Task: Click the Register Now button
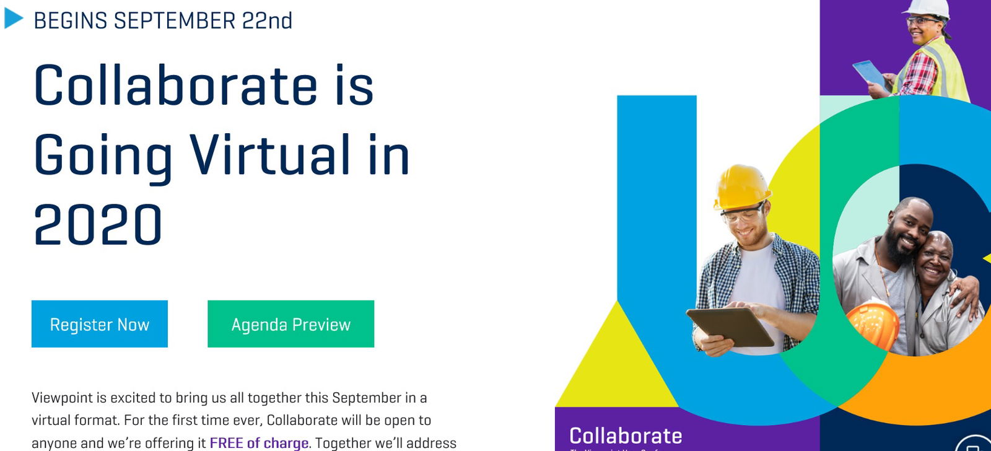pyautogui.click(x=99, y=324)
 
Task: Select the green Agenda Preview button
pyautogui.click(x=290, y=324)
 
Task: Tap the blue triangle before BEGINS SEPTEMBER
pyautogui.click(x=13, y=19)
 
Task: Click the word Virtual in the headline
pyautogui.click(x=269, y=154)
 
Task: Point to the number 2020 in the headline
pyautogui.click(x=98, y=224)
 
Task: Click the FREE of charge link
pyautogui.click(x=259, y=443)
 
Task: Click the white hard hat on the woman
pyautogui.click(x=927, y=7)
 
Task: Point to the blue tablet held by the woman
pyautogui.click(x=868, y=72)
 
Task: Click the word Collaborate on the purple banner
pyautogui.click(x=626, y=436)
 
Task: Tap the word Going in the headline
pyautogui.click(x=103, y=155)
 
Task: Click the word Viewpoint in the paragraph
pyautogui.click(x=62, y=398)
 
